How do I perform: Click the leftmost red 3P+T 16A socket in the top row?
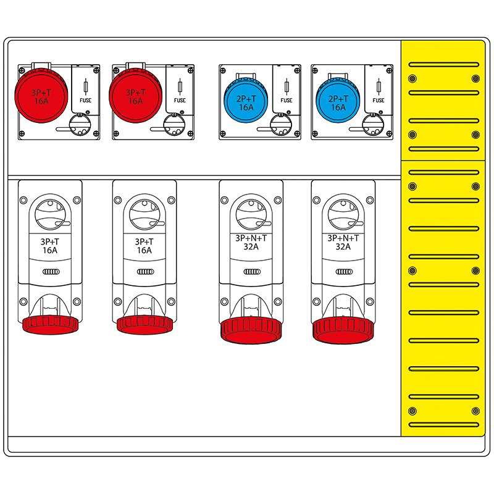(x=41, y=96)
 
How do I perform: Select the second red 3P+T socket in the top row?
(x=135, y=96)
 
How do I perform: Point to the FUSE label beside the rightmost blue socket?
(x=379, y=100)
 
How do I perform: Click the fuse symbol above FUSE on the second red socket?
(x=180, y=86)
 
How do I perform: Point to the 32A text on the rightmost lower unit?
(x=343, y=246)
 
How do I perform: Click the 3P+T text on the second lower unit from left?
(x=144, y=242)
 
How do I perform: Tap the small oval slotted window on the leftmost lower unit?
(x=51, y=272)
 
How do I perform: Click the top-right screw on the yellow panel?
(x=475, y=78)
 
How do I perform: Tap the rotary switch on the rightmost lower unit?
(x=343, y=214)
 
